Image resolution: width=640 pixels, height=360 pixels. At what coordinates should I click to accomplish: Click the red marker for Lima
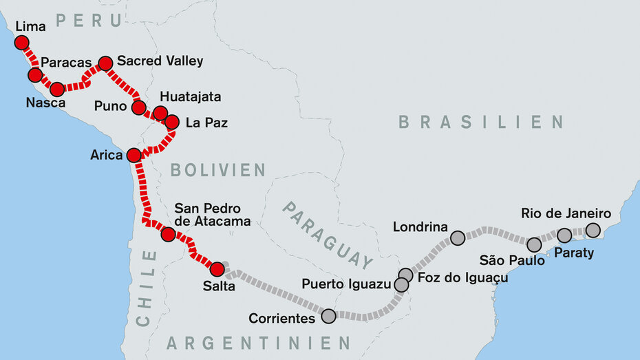coord(22,43)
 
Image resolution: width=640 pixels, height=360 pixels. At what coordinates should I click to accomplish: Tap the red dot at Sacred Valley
coord(105,63)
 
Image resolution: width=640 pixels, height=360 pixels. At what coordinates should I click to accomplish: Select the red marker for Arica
coord(134,155)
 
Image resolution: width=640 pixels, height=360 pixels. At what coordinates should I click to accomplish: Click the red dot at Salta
coord(217,269)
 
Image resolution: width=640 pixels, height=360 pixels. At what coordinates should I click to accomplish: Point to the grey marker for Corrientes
coord(328,316)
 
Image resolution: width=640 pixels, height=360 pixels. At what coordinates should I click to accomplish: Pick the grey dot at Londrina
coord(458,238)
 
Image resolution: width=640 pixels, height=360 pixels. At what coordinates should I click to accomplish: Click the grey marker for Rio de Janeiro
coord(593,230)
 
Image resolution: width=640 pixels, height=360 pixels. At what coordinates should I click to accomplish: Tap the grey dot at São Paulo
coord(534,244)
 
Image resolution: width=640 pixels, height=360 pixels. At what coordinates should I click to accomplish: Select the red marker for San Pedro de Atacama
coord(168,234)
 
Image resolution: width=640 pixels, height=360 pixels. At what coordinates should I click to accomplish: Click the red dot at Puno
coord(138,107)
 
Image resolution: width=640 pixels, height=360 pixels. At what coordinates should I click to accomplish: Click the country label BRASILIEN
coord(481,123)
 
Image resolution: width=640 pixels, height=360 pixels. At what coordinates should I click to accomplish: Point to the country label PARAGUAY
coord(328,235)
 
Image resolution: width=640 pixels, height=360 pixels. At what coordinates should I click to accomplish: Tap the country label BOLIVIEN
coord(217,169)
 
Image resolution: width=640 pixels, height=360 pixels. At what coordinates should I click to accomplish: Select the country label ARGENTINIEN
coord(259,342)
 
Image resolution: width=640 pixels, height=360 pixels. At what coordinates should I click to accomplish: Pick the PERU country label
coord(89,21)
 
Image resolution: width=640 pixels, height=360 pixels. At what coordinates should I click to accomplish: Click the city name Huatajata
coord(190,97)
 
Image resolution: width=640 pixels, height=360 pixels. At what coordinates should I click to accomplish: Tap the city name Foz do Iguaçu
coord(462,277)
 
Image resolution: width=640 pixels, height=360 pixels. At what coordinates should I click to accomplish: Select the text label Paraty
coord(573,253)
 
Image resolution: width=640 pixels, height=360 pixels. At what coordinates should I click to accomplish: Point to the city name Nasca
coord(47,103)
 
